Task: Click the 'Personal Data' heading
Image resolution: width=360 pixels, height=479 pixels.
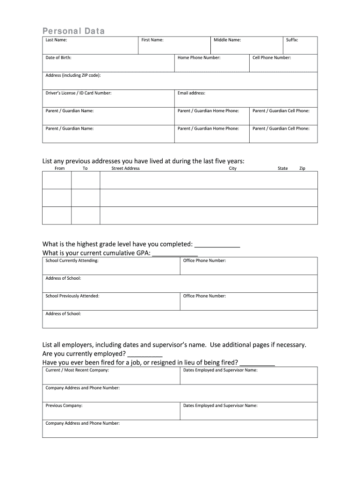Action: coord(74,31)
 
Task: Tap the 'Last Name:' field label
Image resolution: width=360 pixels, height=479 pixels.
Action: coord(56,40)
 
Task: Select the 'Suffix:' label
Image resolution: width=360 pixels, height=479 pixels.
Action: coord(292,40)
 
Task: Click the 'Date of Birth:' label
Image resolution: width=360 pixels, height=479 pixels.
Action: coord(58,58)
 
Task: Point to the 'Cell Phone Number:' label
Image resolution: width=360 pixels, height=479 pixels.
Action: coord(272,58)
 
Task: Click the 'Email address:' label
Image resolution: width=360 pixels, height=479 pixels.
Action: coord(191,93)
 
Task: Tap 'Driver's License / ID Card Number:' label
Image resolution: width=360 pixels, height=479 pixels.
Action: coord(79,93)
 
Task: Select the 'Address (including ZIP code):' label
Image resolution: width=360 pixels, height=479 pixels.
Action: coord(73,75)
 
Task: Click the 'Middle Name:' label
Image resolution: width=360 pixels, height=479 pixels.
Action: coord(227,40)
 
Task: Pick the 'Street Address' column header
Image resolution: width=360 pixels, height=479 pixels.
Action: coord(125,168)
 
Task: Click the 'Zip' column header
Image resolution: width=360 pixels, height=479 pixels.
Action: coord(302,168)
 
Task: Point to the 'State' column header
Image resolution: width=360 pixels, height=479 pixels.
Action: coord(282,168)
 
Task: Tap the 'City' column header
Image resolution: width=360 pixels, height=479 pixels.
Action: coord(232,168)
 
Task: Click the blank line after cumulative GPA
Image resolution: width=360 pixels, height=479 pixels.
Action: coord(175,254)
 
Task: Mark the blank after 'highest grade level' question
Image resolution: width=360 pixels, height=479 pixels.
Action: coord(217,246)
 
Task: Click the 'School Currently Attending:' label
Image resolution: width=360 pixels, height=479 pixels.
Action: coord(72,261)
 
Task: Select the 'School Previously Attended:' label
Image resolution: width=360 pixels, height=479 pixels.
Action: coord(72,296)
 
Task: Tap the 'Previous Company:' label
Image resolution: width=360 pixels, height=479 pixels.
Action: coord(64,406)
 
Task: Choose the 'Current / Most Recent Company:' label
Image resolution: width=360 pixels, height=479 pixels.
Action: coord(77,370)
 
